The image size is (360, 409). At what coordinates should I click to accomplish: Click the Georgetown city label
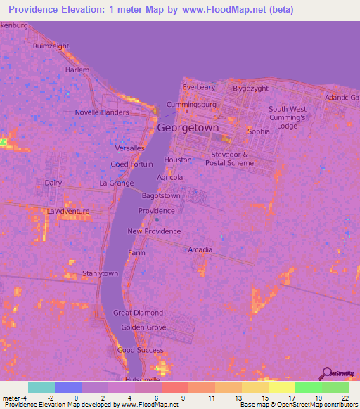188,129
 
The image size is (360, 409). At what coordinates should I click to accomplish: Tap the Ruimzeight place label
51,46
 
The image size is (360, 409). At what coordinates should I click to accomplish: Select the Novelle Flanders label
102,112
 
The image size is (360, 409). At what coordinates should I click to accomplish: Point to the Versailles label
130,148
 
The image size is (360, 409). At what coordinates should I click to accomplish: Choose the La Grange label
116,183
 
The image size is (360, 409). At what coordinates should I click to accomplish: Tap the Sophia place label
259,131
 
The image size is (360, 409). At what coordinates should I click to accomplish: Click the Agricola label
170,178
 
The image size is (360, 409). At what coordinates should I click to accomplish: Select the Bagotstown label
161,196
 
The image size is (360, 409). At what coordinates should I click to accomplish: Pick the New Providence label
154,231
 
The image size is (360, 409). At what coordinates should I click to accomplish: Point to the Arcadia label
200,249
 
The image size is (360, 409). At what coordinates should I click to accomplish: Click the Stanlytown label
100,273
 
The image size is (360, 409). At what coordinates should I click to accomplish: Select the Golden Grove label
143,327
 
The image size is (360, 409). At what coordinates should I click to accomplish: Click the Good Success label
136,350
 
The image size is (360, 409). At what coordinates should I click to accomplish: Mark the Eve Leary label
198,87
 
